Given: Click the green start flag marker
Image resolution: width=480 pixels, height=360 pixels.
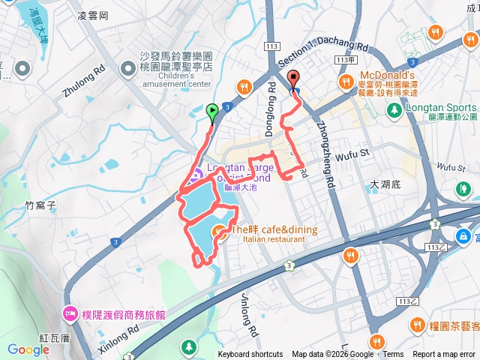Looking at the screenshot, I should pyautogui.click(x=212, y=113).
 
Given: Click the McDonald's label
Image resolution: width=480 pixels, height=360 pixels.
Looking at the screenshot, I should pyautogui.click(x=388, y=76).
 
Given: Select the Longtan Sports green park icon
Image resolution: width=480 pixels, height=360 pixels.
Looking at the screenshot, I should pyautogui.click(x=393, y=110).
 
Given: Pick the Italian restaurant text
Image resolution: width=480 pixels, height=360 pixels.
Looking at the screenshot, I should pyautogui.click(x=274, y=239).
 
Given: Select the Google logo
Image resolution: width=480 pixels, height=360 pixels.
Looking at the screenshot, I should pyautogui.click(x=28, y=349).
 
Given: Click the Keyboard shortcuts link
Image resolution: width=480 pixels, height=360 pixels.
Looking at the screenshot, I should pyautogui.click(x=250, y=355).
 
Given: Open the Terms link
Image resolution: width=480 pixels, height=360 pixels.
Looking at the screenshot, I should pyautogui.click(x=393, y=355).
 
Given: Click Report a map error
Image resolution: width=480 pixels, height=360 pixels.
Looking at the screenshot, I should pyautogui.click(x=444, y=355).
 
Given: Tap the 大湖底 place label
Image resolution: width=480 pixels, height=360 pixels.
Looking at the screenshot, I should pyautogui.click(x=387, y=184).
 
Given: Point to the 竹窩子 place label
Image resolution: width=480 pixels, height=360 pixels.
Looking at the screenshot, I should pyautogui.click(x=41, y=204).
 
